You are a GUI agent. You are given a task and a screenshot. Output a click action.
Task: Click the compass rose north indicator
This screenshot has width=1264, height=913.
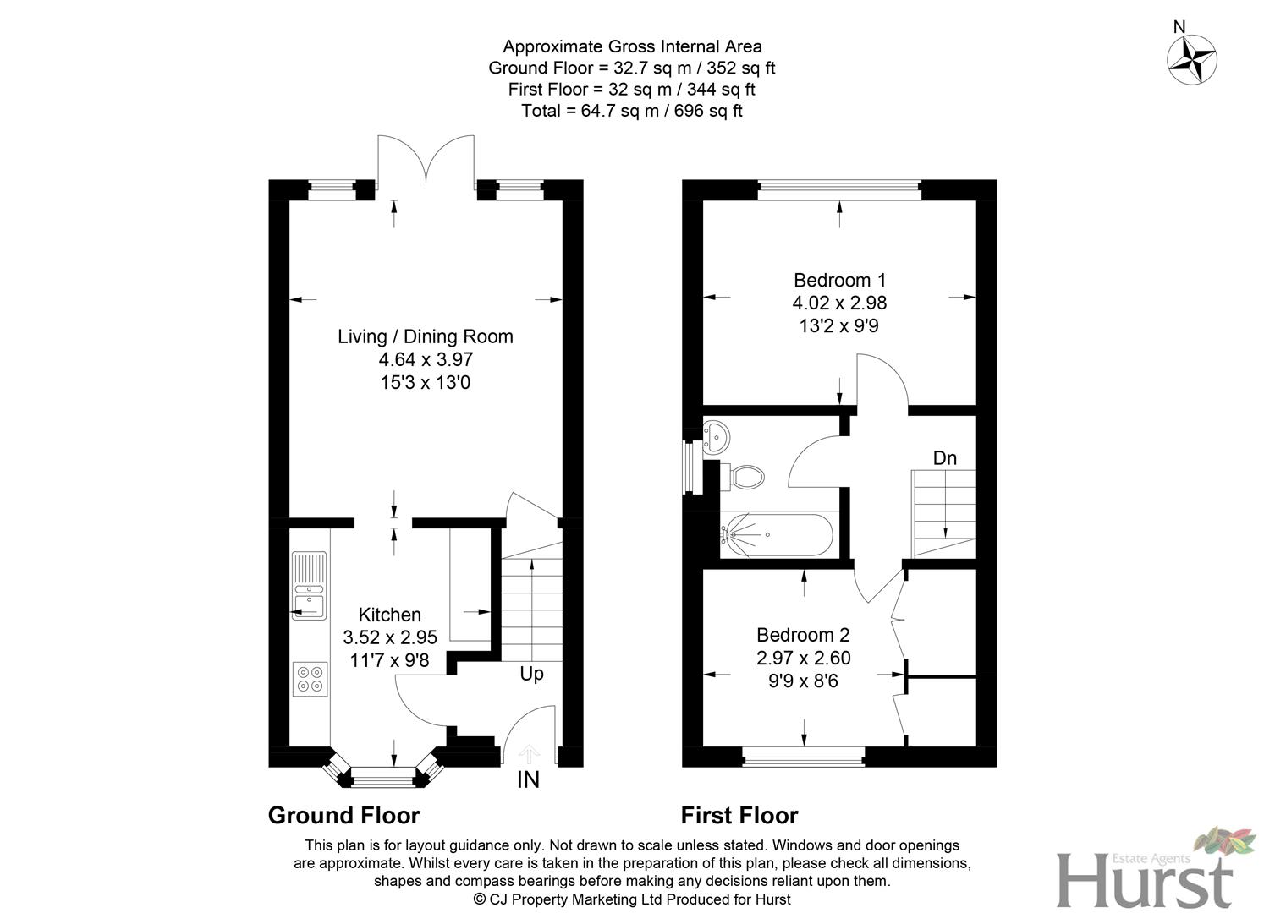(x=1191, y=58)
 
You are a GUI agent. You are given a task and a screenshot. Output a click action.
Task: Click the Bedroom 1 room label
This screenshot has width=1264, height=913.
(x=839, y=280)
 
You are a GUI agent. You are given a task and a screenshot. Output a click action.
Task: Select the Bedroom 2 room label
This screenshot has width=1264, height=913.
(x=803, y=635)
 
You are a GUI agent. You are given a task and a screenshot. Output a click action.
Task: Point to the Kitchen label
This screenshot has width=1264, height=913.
(x=389, y=615)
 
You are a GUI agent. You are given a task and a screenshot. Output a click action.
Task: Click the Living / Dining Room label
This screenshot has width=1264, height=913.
(x=426, y=336)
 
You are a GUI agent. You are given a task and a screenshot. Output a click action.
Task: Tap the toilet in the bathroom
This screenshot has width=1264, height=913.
(x=744, y=476)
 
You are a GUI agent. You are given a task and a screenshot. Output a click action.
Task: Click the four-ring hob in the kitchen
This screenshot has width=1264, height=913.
(x=310, y=679)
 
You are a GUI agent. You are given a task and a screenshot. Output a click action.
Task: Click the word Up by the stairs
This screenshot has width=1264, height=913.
(x=531, y=674)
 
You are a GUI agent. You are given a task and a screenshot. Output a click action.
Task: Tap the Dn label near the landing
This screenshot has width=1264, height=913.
(x=945, y=458)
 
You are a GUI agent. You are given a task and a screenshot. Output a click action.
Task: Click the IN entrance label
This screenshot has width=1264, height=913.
(x=528, y=779)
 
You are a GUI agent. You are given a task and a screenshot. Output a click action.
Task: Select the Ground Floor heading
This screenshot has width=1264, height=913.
(x=343, y=816)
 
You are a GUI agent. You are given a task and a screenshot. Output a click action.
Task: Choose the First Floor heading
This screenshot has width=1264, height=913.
(x=739, y=816)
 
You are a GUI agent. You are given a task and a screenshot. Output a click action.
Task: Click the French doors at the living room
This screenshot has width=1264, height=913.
(x=426, y=161)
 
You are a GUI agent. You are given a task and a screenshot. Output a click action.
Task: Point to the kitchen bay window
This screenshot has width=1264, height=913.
(x=384, y=771)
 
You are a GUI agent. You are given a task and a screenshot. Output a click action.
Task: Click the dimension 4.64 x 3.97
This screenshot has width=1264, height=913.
(x=426, y=359)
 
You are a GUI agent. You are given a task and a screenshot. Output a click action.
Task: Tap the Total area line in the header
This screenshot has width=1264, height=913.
(x=632, y=111)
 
